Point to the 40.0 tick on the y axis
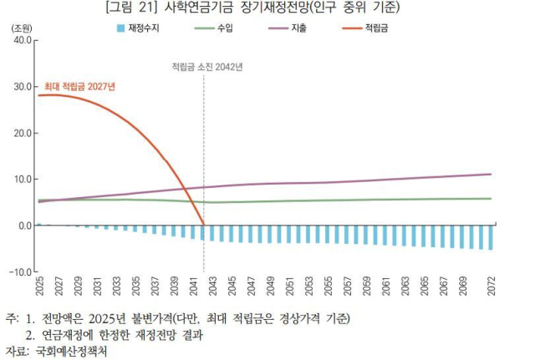(20, 39)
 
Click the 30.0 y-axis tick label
(20, 86)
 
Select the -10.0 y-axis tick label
(18, 272)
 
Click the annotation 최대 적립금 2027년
(79, 85)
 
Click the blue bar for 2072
(491, 237)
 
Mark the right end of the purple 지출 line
(491, 174)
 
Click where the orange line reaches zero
(203, 225)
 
